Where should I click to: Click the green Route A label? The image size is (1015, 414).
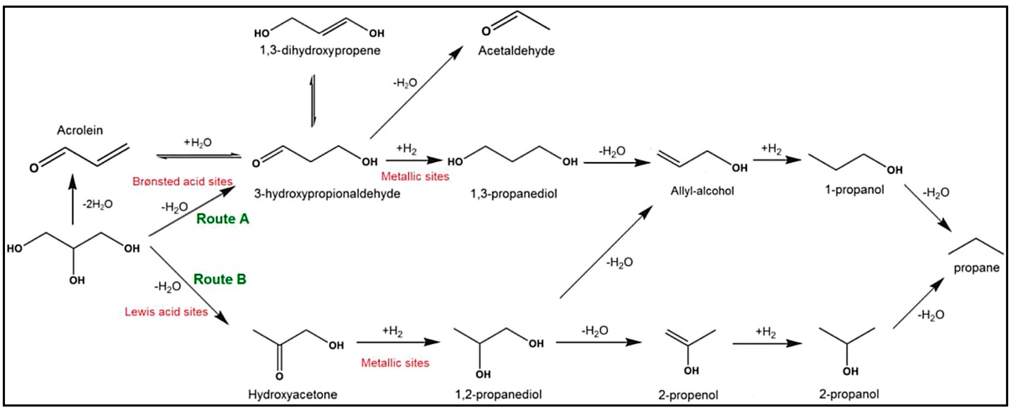pyautogui.click(x=222, y=219)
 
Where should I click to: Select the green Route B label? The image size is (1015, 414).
pyautogui.click(x=219, y=280)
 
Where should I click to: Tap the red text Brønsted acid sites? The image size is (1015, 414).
pyautogui.click(x=183, y=181)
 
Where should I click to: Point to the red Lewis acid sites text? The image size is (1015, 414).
pyautogui.click(x=166, y=312)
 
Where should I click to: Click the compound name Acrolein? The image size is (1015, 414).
pyautogui.click(x=80, y=130)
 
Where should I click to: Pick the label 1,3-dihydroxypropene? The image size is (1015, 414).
pyautogui.click(x=320, y=51)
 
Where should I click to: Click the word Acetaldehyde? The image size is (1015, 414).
pyautogui.click(x=516, y=51)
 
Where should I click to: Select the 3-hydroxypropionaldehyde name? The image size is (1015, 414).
pyautogui.click(x=327, y=194)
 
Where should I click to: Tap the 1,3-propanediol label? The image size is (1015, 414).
pyautogui.click(x=514, y=194)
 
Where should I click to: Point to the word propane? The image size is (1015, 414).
pyautogui.click(x=976, y=268)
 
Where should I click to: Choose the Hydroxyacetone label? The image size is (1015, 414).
pyautogui.click(x=292, y=394)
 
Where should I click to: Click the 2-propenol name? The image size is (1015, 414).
pyautogui.click(x=688, y=395)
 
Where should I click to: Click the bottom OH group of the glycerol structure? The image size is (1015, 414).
pyautogui.click(x=77, y=280)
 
